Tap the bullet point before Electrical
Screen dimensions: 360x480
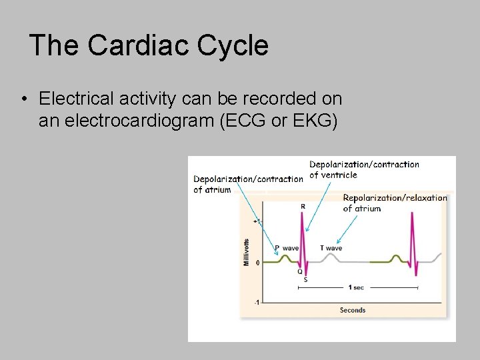point(23,99)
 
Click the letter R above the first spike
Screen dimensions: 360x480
point(303,207)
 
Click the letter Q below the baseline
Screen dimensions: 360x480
point(299,271)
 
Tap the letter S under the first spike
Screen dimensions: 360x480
point(305,280)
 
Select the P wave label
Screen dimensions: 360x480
point(287,248)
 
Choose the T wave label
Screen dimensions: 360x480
point(331,248)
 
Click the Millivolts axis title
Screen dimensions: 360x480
point(247,253)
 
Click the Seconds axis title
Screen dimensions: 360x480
point(353,310)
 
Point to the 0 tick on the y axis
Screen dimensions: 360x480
point(257,263)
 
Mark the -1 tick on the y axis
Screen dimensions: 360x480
point(257,303)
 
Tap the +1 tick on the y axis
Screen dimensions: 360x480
point(257,221)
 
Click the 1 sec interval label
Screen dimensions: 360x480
point(356,287)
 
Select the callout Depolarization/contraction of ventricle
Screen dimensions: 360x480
point(364,169)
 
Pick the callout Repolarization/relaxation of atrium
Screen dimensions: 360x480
point(395,203)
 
